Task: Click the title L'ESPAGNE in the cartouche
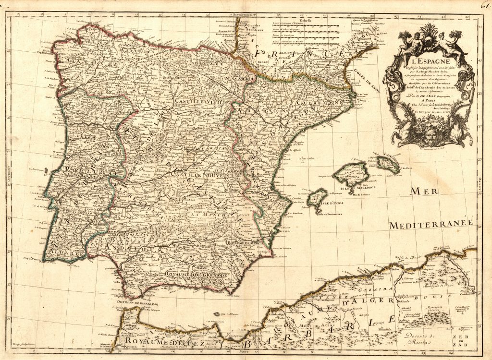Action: tap(423, 61)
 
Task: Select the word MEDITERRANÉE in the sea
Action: tap(431, 225)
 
